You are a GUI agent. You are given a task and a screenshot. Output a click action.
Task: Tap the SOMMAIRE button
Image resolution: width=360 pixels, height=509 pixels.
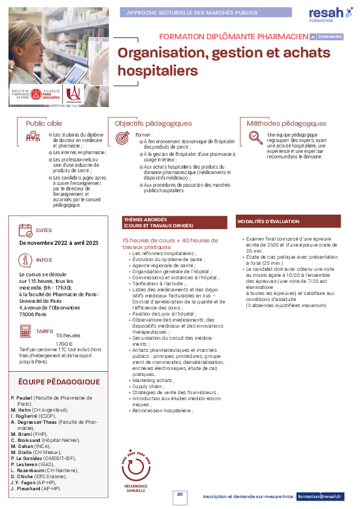(326, 36)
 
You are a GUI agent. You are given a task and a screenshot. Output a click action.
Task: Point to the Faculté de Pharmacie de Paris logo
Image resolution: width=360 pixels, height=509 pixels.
(21, 94)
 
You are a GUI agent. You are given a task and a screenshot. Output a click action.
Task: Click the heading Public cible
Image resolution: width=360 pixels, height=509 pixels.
(44, 123)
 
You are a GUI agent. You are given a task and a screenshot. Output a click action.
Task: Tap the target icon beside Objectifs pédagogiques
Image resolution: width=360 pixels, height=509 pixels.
(122, 138)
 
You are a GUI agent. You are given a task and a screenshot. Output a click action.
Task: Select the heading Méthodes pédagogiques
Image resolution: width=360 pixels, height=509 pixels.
(287, 123)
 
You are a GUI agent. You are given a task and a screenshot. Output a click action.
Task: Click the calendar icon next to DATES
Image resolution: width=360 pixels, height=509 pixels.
(25, 230)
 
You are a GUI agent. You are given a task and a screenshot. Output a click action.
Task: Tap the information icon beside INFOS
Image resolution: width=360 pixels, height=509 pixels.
(25, 260)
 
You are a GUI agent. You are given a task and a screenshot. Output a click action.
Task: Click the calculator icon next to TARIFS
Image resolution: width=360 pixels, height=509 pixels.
(25, 331)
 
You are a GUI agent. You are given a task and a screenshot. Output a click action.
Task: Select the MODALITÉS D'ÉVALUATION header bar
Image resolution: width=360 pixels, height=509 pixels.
(288, 222)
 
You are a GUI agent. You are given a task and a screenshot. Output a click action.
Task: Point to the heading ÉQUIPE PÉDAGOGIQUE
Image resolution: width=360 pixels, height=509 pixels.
(59, 382)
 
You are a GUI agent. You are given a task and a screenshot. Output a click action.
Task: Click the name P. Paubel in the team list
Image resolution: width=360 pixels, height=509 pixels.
(22, 398)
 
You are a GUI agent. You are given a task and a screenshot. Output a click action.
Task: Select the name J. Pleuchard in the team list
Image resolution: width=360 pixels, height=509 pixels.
(26, 488)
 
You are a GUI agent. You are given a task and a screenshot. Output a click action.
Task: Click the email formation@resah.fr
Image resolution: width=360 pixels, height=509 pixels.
(320, 496)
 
